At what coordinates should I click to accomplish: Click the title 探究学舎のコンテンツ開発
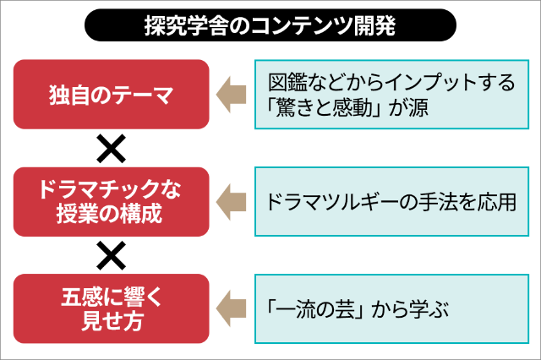click(x=270, y=26)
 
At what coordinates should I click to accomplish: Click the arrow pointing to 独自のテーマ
click(x=231, y=94)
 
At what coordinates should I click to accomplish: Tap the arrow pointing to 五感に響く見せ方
click(x=231, y=308)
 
